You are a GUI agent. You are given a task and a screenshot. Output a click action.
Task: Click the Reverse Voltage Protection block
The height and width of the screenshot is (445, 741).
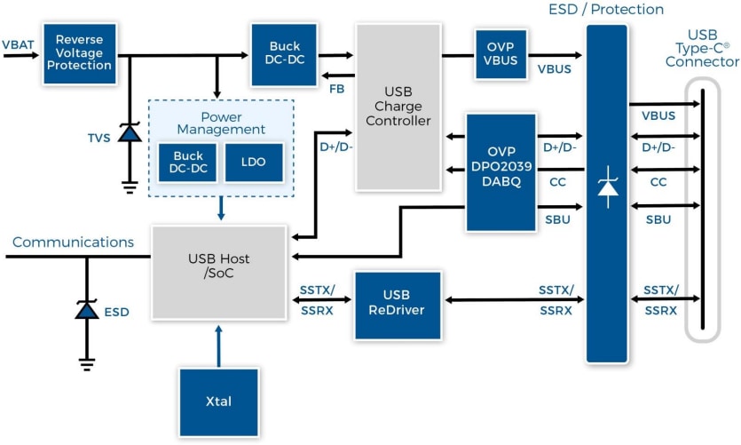pos(80,54)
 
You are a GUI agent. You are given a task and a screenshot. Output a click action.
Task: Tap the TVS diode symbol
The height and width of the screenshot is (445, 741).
pos(130,133)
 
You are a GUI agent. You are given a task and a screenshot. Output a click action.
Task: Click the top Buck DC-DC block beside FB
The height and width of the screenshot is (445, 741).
pos(284,54)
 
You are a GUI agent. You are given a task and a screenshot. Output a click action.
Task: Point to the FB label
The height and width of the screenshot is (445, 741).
pos(337,89)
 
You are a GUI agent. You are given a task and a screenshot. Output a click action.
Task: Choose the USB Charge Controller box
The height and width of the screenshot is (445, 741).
pos(398,107)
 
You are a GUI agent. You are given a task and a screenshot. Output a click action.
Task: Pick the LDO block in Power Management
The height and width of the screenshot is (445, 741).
pos(254,162)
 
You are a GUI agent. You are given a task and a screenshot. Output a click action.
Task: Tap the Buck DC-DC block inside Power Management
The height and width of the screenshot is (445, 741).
pos(188,162)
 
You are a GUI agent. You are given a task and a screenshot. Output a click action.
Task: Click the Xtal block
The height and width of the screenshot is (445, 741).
pos(218,401)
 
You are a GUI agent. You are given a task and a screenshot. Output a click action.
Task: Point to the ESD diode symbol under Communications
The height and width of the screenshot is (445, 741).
pos(86,311)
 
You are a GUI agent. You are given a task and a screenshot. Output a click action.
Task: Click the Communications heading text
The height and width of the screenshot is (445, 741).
pos(73,242)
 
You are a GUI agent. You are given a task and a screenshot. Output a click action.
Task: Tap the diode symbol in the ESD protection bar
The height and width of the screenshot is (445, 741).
pos(608,187)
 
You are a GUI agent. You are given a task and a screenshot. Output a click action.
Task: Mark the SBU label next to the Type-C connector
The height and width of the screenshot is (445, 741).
pos(658,219)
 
